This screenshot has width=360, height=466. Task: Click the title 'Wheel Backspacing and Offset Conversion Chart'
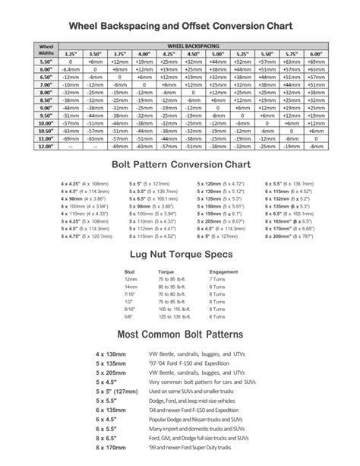tap(180, 26)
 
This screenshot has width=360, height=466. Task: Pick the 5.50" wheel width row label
tap(43, 62)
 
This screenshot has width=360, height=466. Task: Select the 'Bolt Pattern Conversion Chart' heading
tap(180, 165)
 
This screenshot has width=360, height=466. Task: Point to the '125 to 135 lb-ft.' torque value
tap(172, 318)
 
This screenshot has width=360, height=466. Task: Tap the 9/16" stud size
tap(131, 310)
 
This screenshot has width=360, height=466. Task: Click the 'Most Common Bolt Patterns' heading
tap(180, 335)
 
